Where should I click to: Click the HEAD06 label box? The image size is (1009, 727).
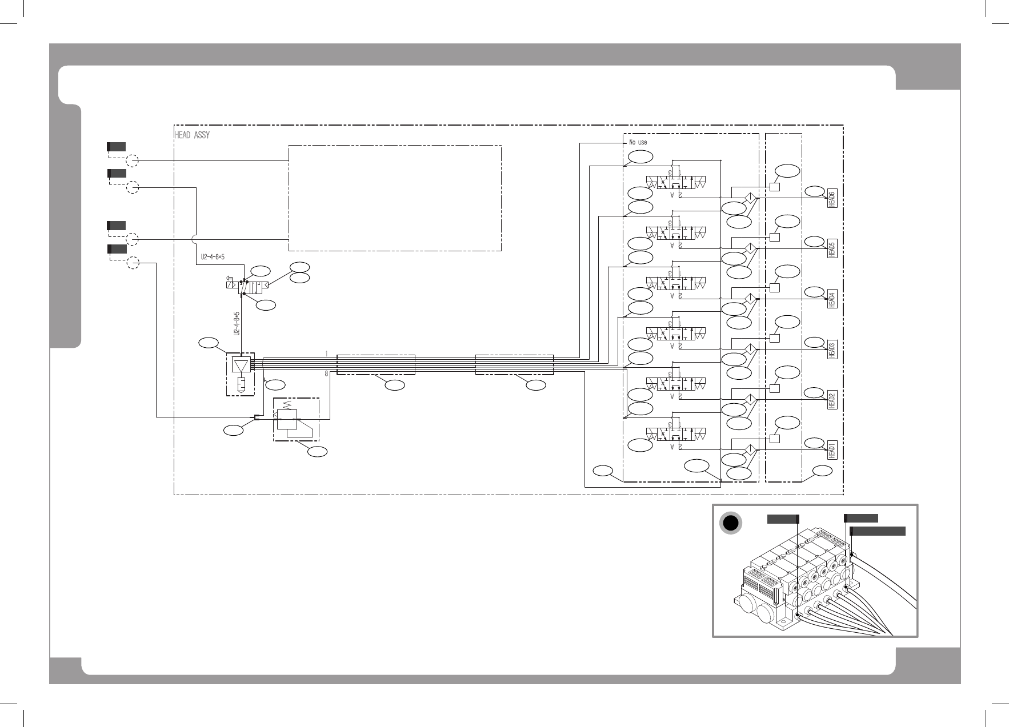[x=832, y=199]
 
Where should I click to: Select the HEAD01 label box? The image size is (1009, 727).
[x=832, y=449]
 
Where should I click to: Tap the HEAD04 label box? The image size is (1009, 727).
[x=832, y=299]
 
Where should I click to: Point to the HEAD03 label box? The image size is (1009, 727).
[x=832, y=350]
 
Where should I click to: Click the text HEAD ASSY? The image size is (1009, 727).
[x=191, y=135]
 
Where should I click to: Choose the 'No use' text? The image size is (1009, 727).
[x=638, y=142]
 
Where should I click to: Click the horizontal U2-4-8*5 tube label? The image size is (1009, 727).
[x=213, y=256]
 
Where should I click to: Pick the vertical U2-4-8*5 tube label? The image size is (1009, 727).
[x=236, y=323]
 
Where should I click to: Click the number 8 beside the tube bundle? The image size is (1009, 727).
[x=326, y=373]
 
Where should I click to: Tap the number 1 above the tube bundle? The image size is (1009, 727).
[x=326, y=354]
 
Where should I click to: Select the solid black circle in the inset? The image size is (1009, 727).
[x=730, y=523]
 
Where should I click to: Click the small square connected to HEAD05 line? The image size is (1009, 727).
[x=775, y=237]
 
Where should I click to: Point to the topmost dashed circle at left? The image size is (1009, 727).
[x=132, y=160]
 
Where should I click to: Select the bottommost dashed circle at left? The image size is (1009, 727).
[x=132, y=263]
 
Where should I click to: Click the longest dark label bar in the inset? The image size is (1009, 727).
[x=878, y=531]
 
